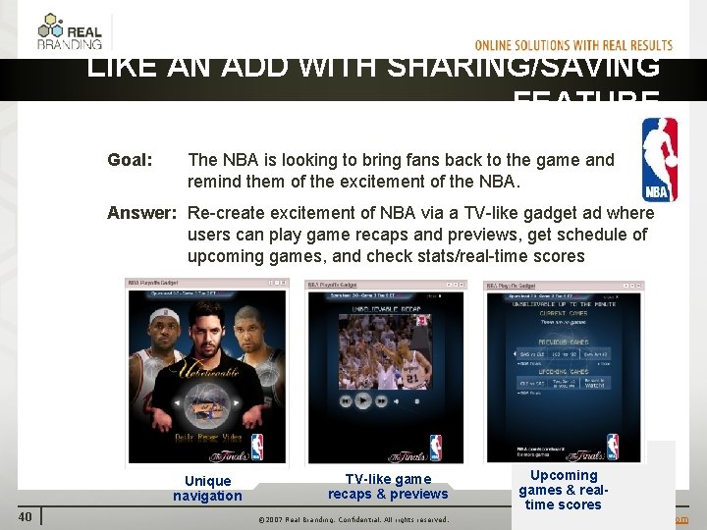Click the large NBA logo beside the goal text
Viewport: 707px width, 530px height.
click(659, 160)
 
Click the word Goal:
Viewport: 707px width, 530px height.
click(130, 160)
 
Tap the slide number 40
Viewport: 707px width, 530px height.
click(25, 517)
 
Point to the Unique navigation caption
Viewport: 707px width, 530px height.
click(207, 488)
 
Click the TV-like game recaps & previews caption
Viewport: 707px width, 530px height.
click(388, 487)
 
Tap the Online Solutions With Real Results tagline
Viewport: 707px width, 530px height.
click(573, 45)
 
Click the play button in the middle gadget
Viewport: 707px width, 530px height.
click(362, 400)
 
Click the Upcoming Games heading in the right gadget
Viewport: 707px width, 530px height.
click(564, 374)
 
